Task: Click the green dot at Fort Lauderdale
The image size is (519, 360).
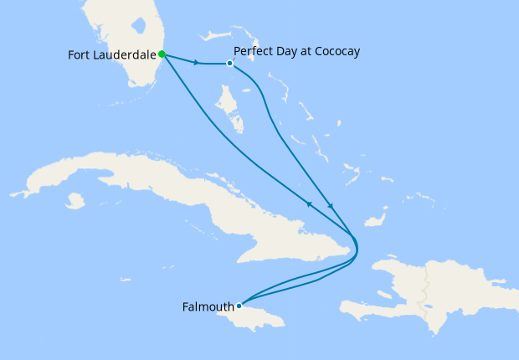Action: [x=162, y=54]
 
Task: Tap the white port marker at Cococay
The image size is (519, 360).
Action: [x=229, y=63]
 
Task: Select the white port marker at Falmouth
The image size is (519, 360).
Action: [x=239, y=306]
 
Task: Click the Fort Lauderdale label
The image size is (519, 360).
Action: [x=112, y=55]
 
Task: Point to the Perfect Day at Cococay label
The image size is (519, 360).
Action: [x=296, y=52]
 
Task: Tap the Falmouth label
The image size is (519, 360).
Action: [x=208, y=306]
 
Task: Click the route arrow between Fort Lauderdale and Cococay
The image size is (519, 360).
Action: [x=197, y=63]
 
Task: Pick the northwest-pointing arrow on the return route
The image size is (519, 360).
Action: [x=309, y=203]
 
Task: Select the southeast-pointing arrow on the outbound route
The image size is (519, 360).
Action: [x=331, y=207]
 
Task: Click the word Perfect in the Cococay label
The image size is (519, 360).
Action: [x=254, y=52]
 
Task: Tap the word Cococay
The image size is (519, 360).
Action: [x=333, y=52]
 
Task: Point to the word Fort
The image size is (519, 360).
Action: [x=80, y=55]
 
